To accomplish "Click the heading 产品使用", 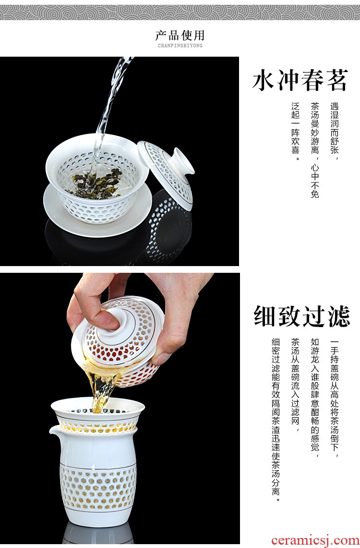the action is (180, 35).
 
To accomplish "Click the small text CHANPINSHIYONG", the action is (180, 46).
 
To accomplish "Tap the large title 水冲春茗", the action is (300, 80).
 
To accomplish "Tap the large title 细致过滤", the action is (301, 316).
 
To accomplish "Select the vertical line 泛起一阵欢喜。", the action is (295, 132).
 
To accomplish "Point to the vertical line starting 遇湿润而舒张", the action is (335, 132).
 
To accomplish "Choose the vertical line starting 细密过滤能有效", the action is (276, 420).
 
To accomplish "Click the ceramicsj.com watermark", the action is (315, 540).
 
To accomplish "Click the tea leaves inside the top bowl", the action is (97, 182).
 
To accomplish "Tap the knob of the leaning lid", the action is (183, 161).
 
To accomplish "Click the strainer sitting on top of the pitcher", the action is (98, 414).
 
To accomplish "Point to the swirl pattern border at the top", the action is (180, 12).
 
